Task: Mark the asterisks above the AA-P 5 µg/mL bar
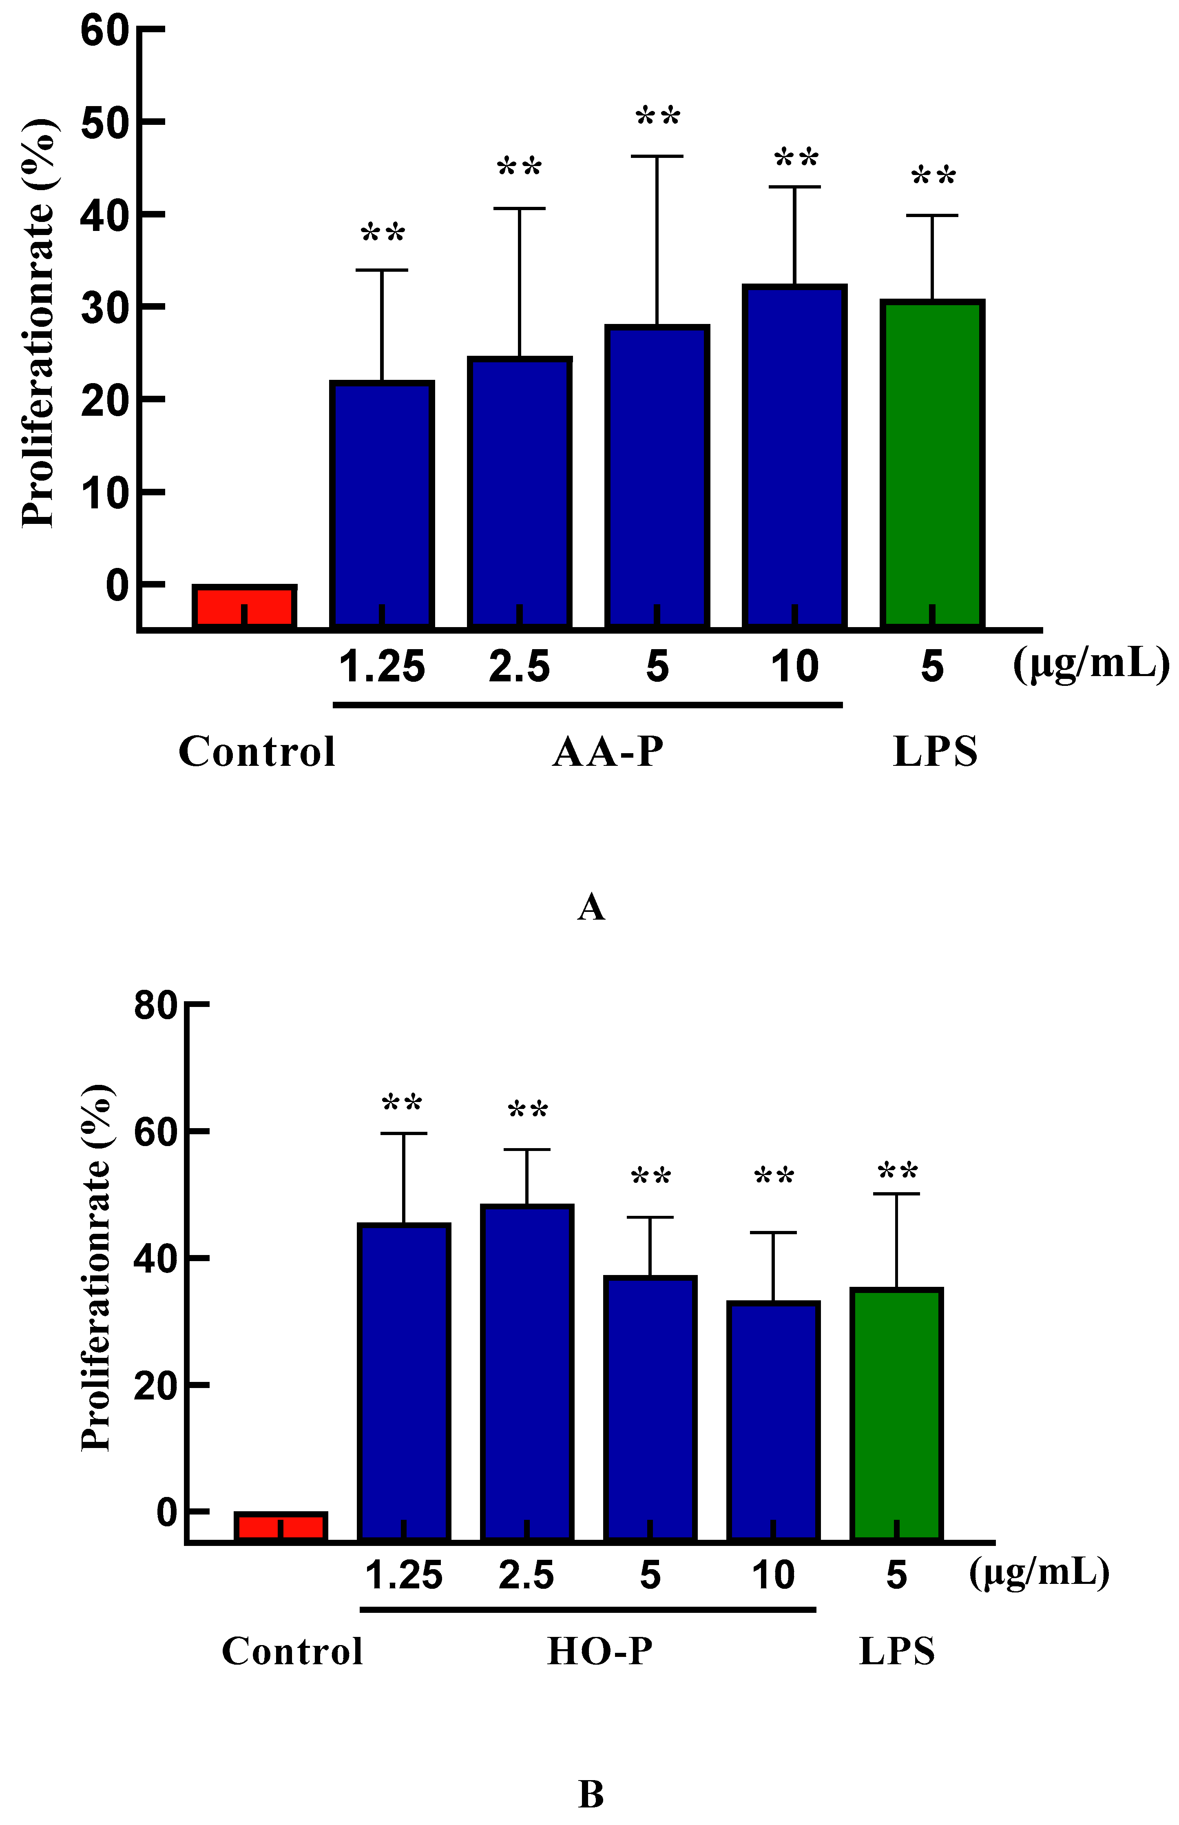coord(658,117)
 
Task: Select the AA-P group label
coord(608,752)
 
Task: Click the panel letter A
coord(590,907)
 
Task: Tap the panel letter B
coord(590,1794)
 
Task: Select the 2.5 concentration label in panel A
coord(519,666)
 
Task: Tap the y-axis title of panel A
coord(38,323)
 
